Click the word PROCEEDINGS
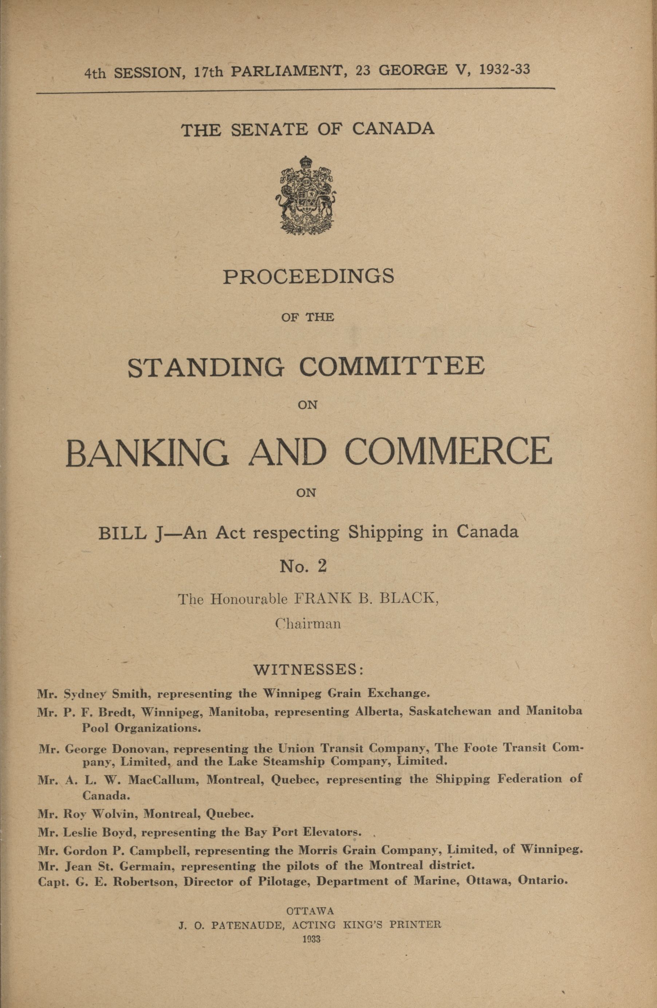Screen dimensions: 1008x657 coord(308,277)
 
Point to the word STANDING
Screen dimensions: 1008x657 coord(206,367)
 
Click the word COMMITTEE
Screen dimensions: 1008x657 coord(392,367)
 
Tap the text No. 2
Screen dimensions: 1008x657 coord(303,567)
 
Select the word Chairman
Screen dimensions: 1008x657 coord(308,624)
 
